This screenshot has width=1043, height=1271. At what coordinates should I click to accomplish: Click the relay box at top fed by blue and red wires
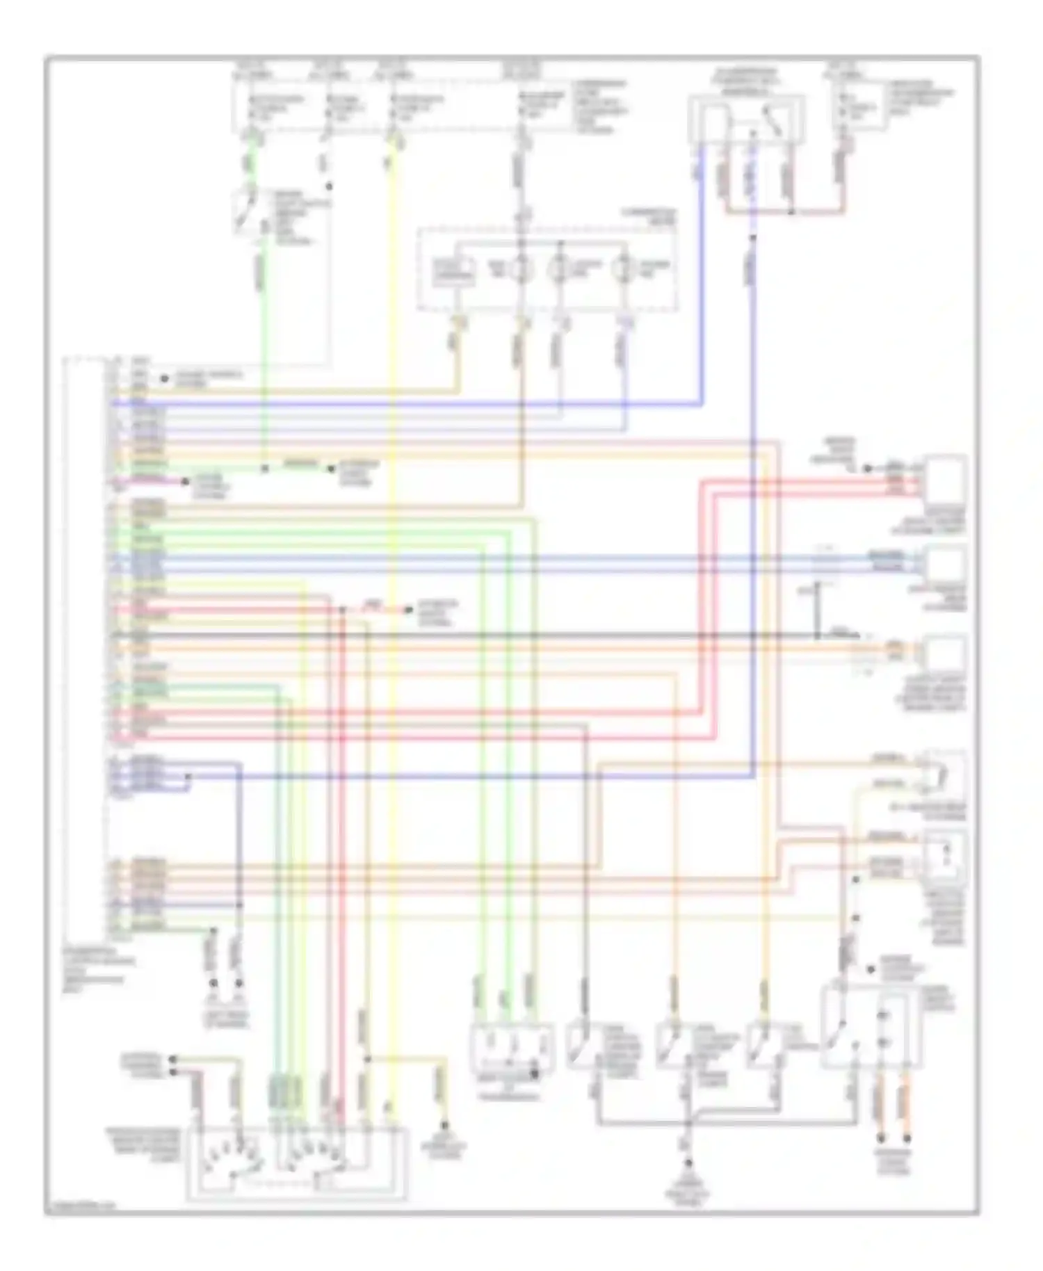click(746, 120)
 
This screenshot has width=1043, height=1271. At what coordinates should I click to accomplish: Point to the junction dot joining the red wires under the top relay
click(790, 211)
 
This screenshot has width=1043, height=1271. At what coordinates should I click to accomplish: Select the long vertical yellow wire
click(393, 626)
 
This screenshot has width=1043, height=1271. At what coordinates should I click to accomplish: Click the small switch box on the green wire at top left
click(248, 208)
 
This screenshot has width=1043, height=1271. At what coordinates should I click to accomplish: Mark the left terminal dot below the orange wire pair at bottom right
click(881, 1138)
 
